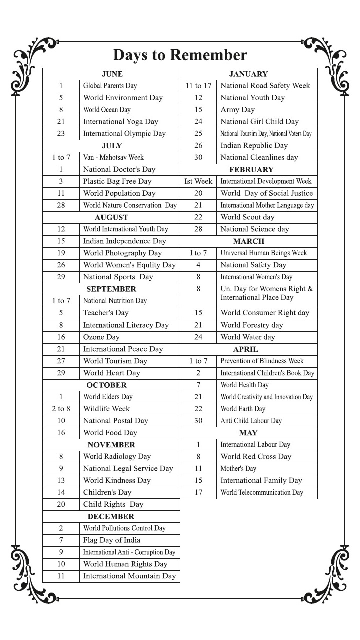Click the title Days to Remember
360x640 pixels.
click(x=180, y=55)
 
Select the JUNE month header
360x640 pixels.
click(x=112, y=74)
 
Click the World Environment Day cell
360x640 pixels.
click(x=123, y=98)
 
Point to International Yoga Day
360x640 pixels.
click(x=120, y=122)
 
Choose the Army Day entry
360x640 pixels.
click(x=238, y=110)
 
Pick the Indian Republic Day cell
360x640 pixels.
click(x=254, y=145)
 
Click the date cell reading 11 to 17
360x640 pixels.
click(x=198, y=86)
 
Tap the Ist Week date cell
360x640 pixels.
click(x=198, y=181)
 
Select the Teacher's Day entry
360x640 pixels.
click(x=106, y=313)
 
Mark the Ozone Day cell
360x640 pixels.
click(x=101, y=337)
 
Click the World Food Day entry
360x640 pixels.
click(x=110, y=433)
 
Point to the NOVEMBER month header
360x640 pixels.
click(x=111, y=445)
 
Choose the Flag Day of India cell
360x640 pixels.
click(x=112, y=540)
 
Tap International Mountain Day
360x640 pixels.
click(x=129, y=576)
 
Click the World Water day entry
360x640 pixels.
click(x=248, y=337)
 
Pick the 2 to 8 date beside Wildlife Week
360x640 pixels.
click(x=61, y=409)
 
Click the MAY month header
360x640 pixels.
click(x=248, y=433)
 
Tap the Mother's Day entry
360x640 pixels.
click(x=238, y=469)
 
